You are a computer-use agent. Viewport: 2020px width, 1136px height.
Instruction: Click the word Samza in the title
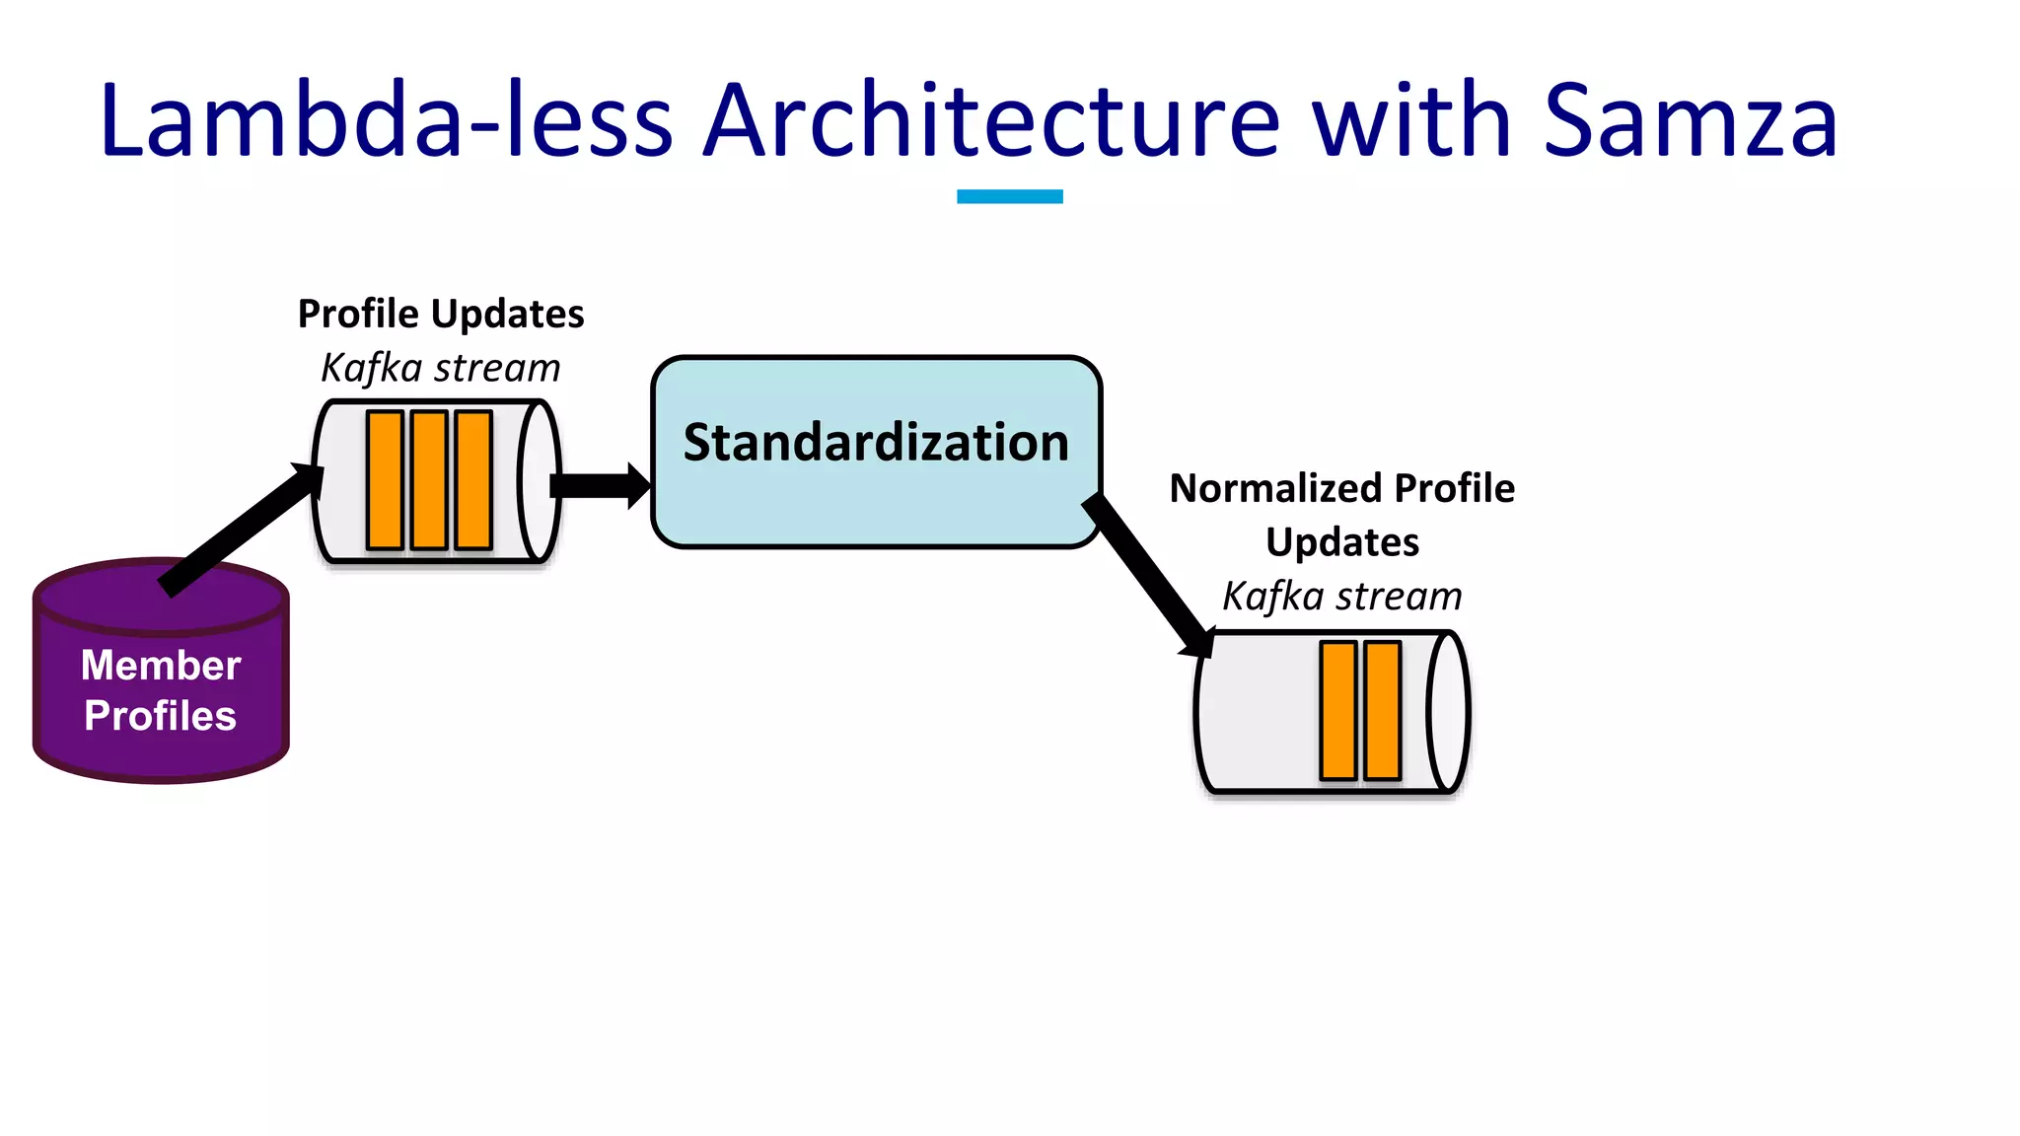click(x=1690, y=121)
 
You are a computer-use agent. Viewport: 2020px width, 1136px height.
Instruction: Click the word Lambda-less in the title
click(x=386, y=121)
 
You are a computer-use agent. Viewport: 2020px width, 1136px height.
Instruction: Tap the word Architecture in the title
click(x=990, y=121)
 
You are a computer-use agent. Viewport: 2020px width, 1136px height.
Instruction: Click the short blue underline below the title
click(x=1009, y=196)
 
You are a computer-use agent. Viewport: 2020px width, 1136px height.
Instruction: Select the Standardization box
click(x=876, y=493)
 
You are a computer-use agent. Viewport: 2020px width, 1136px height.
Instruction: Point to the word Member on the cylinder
click(x=161, y=666)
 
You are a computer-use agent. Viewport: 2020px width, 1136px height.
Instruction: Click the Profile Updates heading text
click(x=441, y=314)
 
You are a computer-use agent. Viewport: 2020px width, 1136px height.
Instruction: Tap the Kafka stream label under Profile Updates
click(x=441, y=368)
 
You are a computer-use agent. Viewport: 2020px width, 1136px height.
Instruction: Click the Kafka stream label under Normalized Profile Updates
click(x=1341, y=597)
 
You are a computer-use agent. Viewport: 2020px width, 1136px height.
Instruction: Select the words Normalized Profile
click(x=1341, y=488)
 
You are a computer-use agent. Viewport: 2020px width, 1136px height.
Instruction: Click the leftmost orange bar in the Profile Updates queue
click(x=385, y=480)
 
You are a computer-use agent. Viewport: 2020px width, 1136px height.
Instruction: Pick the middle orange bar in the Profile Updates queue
click(x=429, y=480)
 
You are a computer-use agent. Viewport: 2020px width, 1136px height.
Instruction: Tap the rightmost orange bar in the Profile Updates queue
click(x=473, y=480)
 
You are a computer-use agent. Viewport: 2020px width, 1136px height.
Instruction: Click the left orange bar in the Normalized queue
click(x=1338, y=710)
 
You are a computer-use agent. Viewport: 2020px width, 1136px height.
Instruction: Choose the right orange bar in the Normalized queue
click(x=1383, y=710)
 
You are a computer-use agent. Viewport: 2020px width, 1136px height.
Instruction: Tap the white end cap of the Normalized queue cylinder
click(x=1447, y=711)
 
